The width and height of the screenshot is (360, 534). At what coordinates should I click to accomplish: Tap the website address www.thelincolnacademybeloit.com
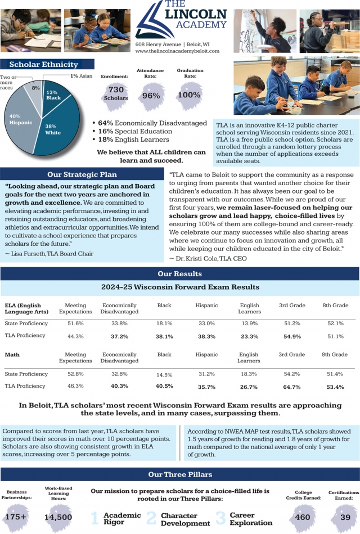click(177, 51)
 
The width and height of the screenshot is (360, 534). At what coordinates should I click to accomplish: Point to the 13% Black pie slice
click(53, 96)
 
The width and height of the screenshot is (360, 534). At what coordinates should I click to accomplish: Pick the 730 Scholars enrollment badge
click(116, 93)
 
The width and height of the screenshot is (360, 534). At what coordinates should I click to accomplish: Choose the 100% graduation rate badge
click(189, 95)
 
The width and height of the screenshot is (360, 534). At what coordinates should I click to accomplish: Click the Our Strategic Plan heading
click(82, 174)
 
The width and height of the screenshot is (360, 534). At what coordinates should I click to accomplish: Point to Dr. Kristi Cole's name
click(201, 258)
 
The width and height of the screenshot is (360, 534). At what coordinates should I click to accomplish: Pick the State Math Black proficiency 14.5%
click(164, 375)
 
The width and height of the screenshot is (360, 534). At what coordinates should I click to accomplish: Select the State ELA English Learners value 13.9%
click(249, 324)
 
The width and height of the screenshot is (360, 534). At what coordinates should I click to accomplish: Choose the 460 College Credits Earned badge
click(303, 517)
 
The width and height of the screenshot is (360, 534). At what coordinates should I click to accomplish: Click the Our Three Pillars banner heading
click(180, 474)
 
